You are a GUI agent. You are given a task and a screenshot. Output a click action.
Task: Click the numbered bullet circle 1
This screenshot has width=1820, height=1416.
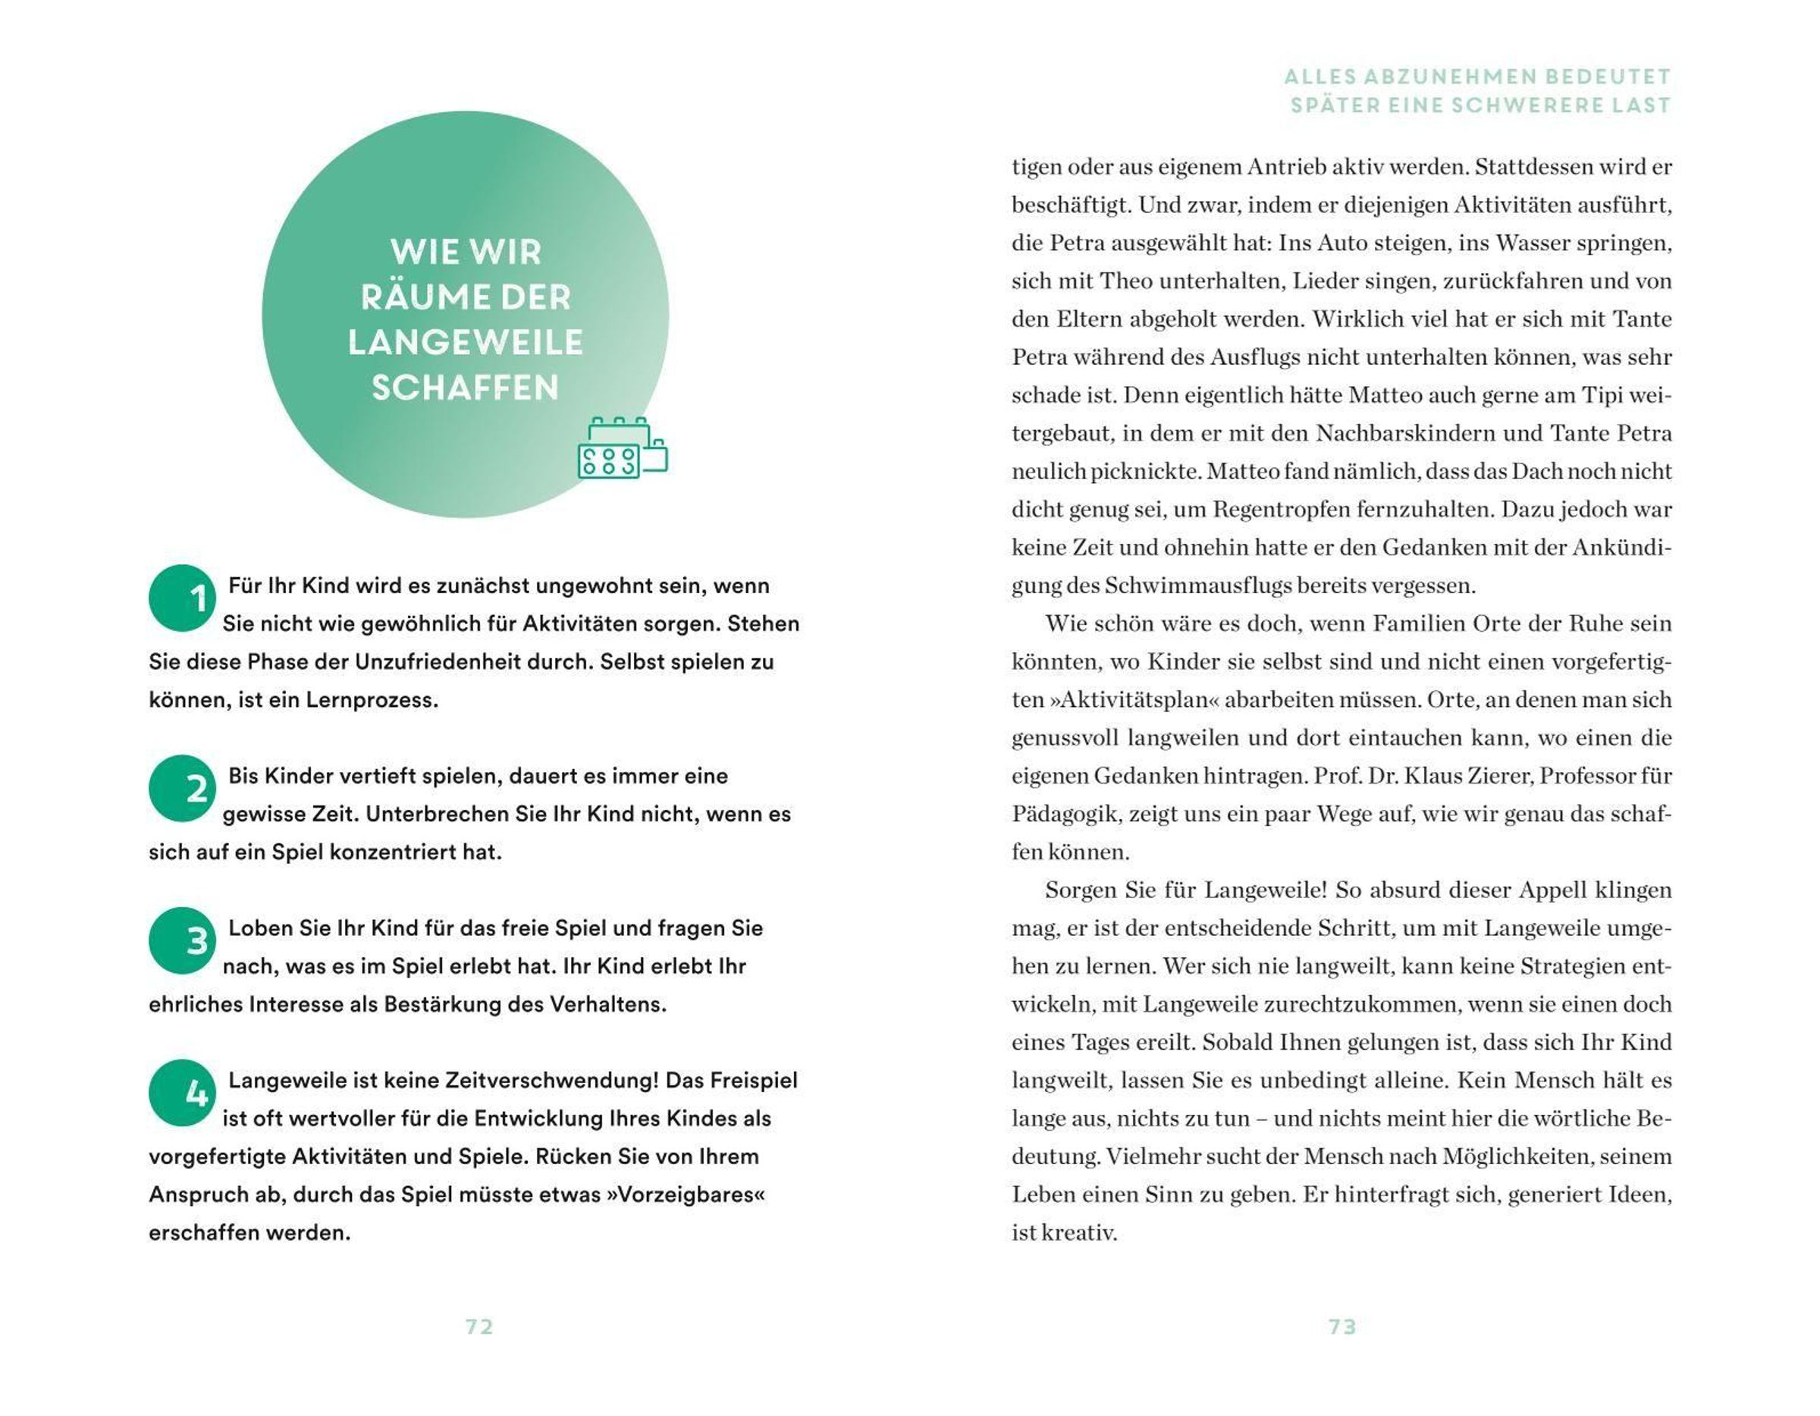pos(182,598)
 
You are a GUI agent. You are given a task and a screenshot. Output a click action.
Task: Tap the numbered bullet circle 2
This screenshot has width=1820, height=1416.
pos(182,789)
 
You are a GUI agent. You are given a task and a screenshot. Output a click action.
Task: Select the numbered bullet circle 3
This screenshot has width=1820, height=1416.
pos(182,941)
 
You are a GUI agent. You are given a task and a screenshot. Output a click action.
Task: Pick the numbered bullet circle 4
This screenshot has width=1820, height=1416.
pos(182,1093)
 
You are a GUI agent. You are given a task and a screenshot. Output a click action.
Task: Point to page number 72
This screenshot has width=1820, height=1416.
pos(479,1327)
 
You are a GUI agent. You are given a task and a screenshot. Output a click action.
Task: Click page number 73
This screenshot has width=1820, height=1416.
pos(1341,1327)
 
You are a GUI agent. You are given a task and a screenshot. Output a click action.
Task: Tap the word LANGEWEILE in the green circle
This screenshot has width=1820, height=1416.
pos(465,343)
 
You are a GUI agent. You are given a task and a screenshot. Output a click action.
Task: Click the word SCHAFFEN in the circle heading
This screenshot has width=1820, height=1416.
pos(465,388)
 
